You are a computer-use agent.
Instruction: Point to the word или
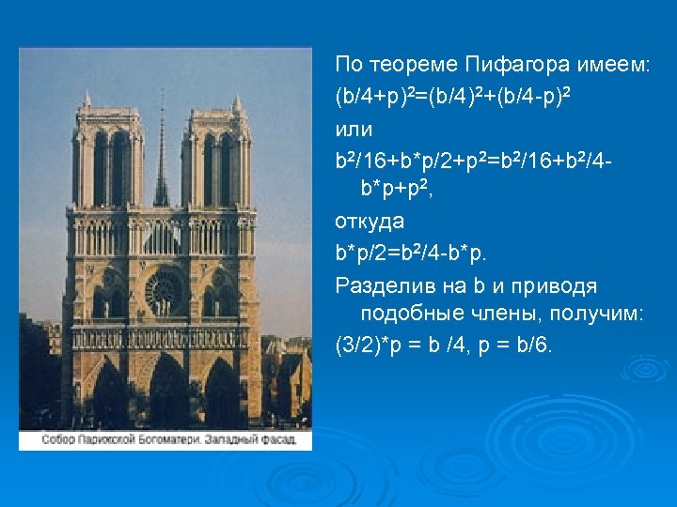click(x=354, y=127)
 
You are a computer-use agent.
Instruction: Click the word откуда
click(x=370, y=221)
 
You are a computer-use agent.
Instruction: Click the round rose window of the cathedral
click(x=164, y=292)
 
